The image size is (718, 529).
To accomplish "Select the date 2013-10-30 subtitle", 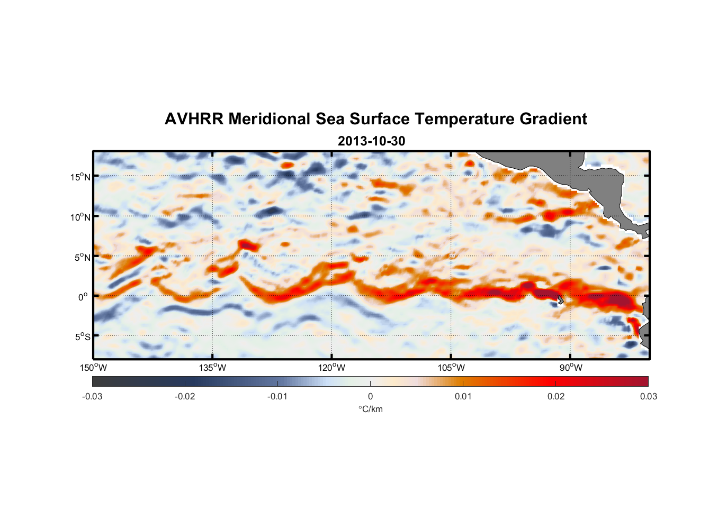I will [x=371, y=141].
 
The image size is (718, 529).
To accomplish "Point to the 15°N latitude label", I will [x=80, y=177].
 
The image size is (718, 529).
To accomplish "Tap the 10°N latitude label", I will [x=80, y=217].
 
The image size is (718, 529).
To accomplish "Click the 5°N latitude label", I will [x=83, y=257].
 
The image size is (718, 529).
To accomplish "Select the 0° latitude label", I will [x=84, y=297].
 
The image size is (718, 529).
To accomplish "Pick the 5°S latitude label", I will [x=83, y=336].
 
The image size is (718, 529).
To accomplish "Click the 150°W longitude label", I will [x=94, y=368].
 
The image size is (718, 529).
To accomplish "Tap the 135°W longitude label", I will [x=213, y=368].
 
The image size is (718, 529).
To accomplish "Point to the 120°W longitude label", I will [x=332, y=368].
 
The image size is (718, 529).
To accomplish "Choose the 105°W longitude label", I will [x=451, y=368].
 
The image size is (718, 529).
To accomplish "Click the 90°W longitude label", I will [x=571, y=368].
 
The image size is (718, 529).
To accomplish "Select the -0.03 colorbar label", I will [x=92, y=396].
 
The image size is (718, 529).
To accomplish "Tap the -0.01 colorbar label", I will [x=277, y=396].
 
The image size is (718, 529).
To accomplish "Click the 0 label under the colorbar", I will [x=370, y=396].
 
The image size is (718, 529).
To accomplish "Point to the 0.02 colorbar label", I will [x=556, y=396].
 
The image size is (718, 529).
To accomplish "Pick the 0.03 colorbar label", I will [x=648, y=396].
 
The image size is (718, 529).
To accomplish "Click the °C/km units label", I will [x=370, y=409].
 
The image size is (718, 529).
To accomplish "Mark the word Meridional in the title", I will [x=270, y=119].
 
